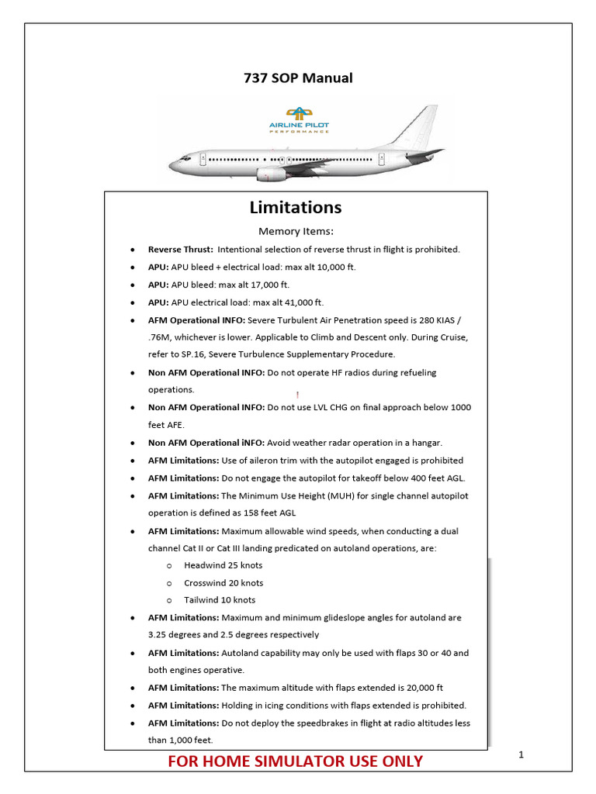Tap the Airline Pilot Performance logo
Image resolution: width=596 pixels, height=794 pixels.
click(x=298, y=120)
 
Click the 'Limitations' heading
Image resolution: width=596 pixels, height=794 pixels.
click(x=295, y=208)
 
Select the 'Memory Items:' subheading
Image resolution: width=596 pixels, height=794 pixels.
click(x=296, y=231)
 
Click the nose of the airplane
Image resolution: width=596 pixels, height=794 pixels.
click(x=174, y=164)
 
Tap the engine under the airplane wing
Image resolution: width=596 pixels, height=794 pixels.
click(x=271, y=174)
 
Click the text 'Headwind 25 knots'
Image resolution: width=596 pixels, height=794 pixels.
click(x=223, y=565)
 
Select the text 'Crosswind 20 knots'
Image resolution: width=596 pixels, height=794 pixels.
click(x=223, y=583)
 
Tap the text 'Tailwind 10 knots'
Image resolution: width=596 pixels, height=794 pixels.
click(x=220, y=600)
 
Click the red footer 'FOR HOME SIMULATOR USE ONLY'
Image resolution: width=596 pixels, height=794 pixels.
click(x=296, y=761)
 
